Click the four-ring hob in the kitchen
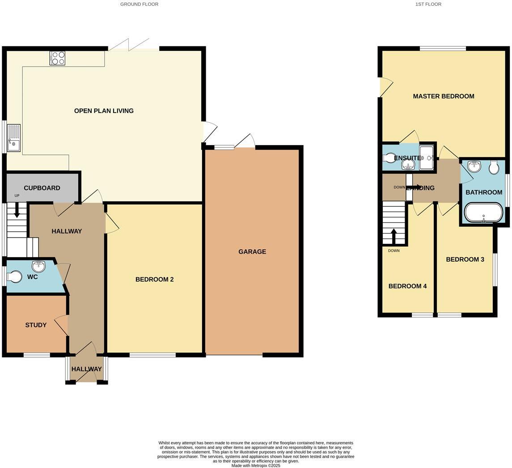coord(57,58)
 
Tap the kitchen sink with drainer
coord(13,138)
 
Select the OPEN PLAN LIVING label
coord(104,111)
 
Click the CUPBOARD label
coord(42,188)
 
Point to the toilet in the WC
coord(14,277)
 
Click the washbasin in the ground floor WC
coord(39,267)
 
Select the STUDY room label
coord(36,325)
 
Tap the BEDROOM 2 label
coord(154,280)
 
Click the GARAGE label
coord(252,252)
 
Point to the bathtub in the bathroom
coord(483,213)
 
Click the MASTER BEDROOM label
coord(443,96)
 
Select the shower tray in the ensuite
coord(427,158)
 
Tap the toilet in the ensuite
coord(390,158)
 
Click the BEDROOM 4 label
coord(407,286)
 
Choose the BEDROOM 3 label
coord(465,259)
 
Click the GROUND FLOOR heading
coord(139,4)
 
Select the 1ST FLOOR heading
coord(428,4)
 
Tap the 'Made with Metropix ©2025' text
coord(256,465)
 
